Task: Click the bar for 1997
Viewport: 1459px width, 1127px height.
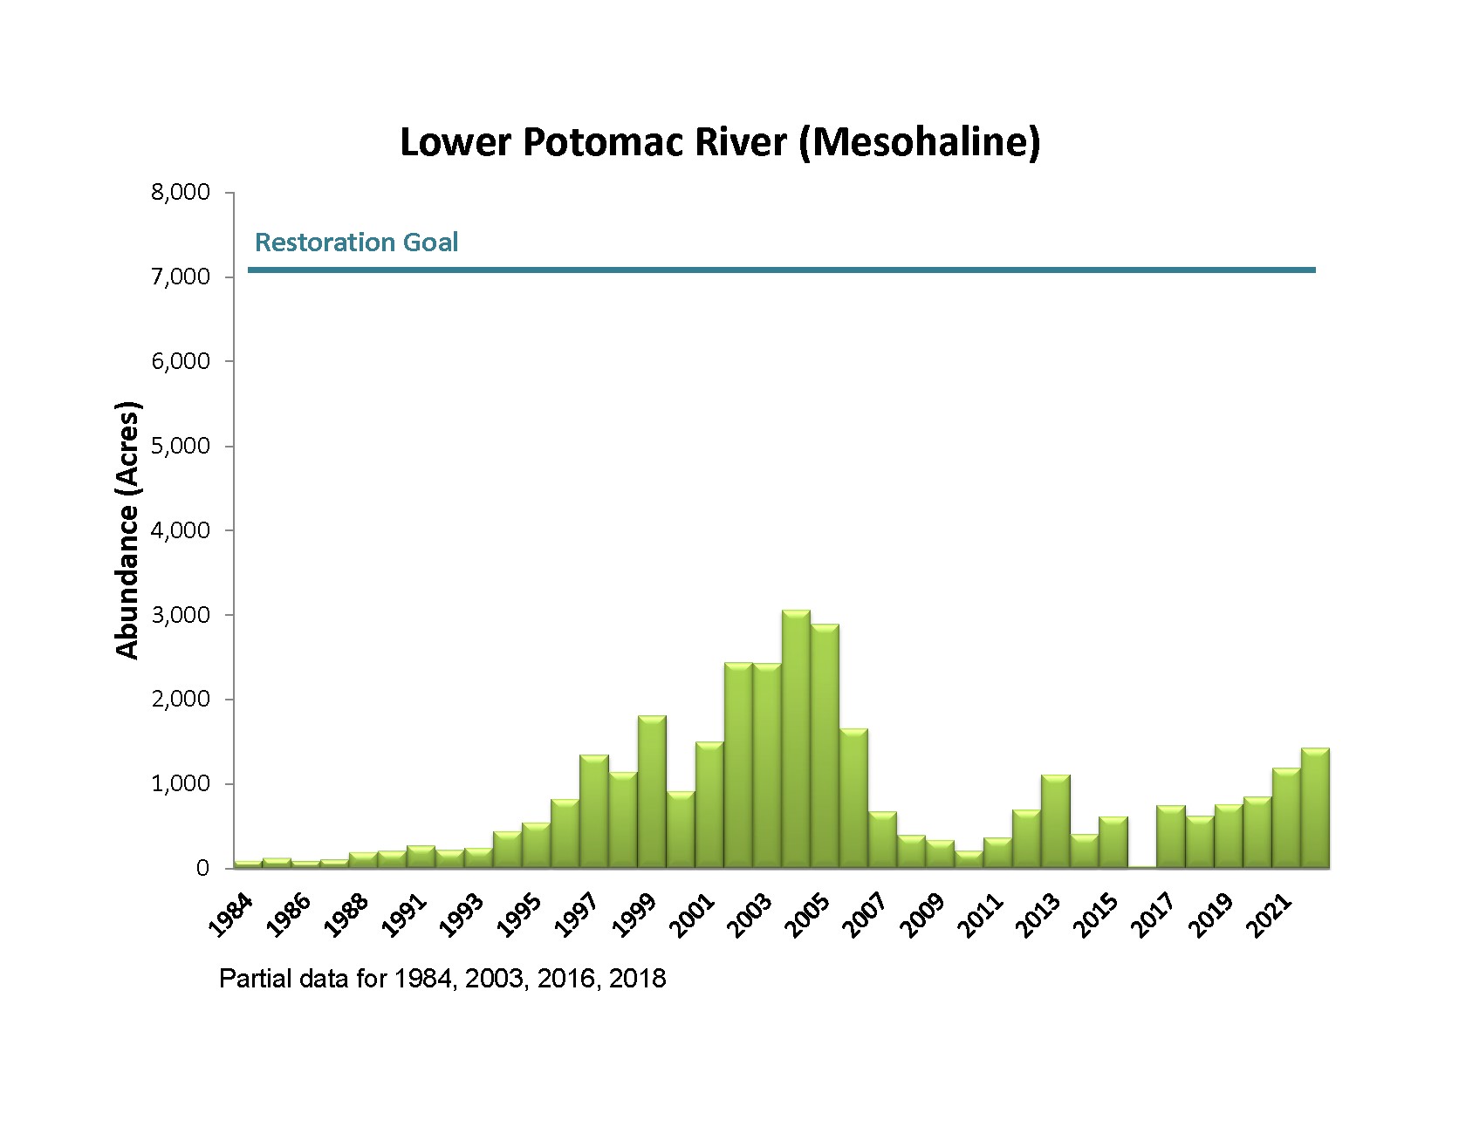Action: coord(594,812)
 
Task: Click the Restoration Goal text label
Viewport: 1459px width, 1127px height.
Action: coord(356,242)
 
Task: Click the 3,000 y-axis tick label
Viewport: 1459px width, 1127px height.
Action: coord(181,615)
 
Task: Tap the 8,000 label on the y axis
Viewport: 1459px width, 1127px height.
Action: coord(181,192)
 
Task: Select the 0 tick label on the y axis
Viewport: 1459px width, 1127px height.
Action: coord(202,869)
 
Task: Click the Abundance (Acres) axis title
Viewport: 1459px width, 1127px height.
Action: coord(127,530)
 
